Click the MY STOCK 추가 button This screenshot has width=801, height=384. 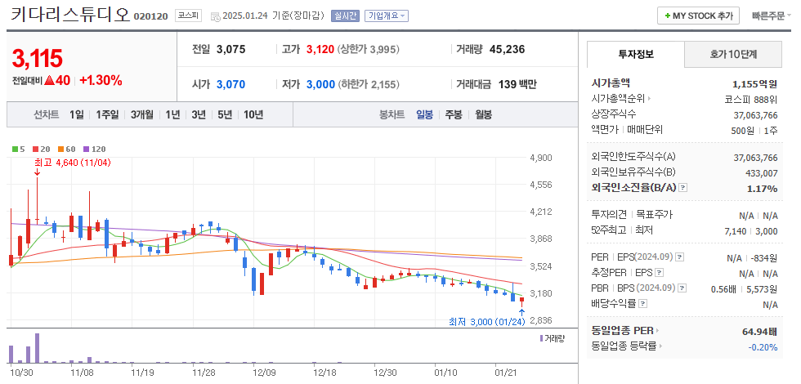698,16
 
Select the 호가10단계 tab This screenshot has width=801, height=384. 732,55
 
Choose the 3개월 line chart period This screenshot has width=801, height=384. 141,114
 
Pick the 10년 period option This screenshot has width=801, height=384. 253,114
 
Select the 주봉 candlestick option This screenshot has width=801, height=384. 453,114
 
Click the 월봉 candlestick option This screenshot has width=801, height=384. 483,114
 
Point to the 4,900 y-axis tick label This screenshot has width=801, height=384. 541,158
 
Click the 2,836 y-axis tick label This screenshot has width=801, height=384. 541,320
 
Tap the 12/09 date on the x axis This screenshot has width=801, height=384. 264,372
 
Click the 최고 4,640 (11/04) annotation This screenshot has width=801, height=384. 72,163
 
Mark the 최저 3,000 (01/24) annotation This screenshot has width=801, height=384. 486,322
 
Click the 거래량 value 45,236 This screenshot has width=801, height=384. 507,49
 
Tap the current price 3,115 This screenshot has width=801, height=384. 38,58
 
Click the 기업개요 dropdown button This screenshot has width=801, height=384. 387,16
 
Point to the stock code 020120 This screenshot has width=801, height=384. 151,16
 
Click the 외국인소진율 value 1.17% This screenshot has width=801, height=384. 762,188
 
